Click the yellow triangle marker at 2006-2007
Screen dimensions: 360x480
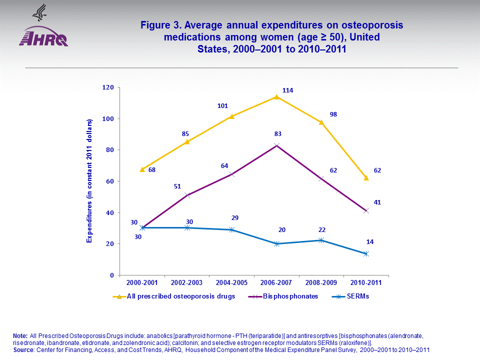(276, 97)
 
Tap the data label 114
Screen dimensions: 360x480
(287, 90)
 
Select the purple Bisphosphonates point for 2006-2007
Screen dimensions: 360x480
(276, 145)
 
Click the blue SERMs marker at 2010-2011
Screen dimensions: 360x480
(366, 253)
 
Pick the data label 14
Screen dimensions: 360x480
(370, 242)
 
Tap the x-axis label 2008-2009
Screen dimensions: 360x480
(321, 282)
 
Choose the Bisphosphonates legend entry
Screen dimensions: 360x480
(283, 296)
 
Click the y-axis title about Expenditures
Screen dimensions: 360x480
(90, 181)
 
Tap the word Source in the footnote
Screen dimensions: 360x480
(22, 350)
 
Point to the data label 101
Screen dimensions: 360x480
(222, 106)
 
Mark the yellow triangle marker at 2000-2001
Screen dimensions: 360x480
(142, 169)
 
